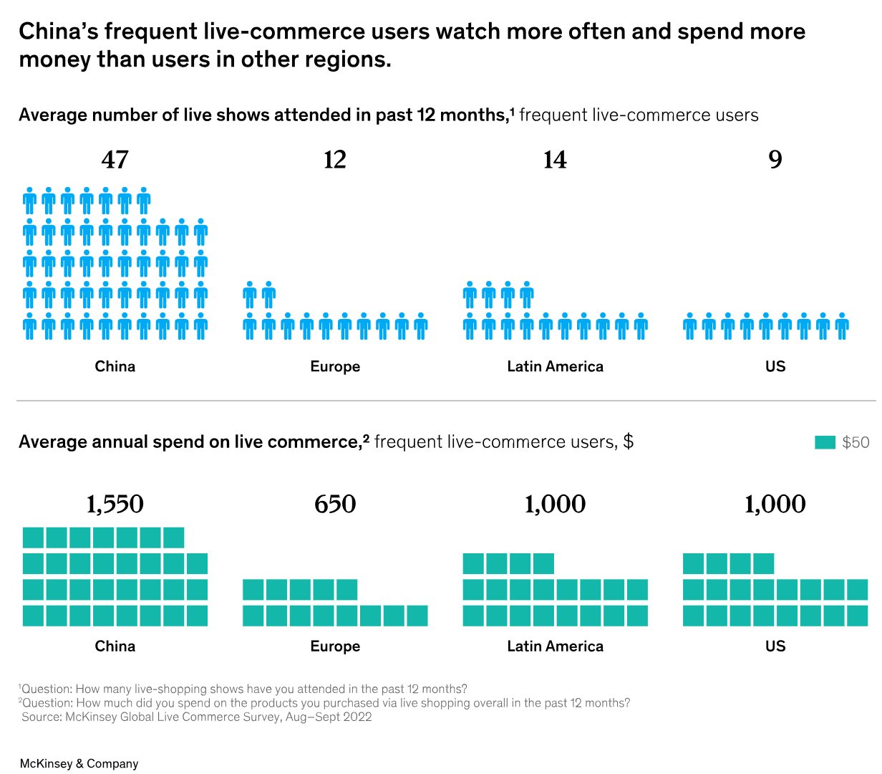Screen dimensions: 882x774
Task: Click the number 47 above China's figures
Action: pos(115,160)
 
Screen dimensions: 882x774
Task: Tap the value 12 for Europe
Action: pos(335,160)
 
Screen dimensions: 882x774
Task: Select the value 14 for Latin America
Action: pos(555,160)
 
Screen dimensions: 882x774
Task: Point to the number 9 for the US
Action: pos(775,160)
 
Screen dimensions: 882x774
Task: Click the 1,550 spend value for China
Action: pos(115,505)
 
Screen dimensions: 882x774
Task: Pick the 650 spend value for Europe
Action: pos(335,505)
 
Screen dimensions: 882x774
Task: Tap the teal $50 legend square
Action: pos(825,442)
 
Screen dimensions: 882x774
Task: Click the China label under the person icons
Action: pos(115,366)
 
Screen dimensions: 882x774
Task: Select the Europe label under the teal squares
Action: pos(335,646)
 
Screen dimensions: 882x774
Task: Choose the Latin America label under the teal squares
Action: pos(555,646)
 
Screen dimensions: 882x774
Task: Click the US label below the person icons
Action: pos(775,366)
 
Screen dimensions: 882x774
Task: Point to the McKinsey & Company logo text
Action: pos(79,763)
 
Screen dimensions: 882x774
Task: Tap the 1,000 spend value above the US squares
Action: pos(775,505)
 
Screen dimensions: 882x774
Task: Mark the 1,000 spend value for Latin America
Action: pos(555,505)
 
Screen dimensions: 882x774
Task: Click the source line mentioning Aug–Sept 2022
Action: pos(197,717)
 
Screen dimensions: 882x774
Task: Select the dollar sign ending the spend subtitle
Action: pos(628,441)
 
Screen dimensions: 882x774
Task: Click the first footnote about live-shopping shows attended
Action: pos(243,689)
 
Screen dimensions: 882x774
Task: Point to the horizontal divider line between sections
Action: pos(446,401)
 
